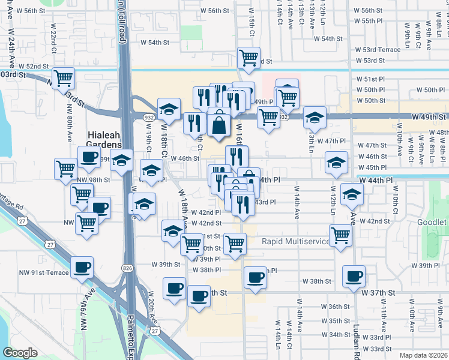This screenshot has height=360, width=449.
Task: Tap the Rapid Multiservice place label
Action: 295,241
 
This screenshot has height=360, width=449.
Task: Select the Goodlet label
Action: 433,223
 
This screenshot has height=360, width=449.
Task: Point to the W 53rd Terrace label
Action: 378,50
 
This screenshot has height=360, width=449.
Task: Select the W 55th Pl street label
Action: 377,21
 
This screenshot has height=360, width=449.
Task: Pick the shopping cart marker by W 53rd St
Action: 249,58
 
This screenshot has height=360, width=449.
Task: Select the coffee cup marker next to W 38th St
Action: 353,276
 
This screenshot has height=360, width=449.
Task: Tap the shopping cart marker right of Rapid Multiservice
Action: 340,235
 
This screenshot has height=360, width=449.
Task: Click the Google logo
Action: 20,353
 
